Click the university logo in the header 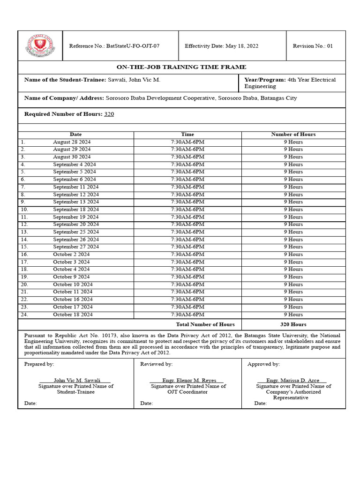pyautogui.click(x=40, y=46)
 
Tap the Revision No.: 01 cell pyautogui.click(x=313, y=46)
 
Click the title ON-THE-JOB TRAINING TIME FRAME pyautogui.click(x=181, y=67)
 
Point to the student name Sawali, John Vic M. pyautogui.click(x=134, y=80)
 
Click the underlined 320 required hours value pyautogui.click(x=109, y=114)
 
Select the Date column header pyautogui.click(x=75, y=135)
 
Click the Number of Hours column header pyautogui.click(x=293, y=135)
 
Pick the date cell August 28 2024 pyautogui.click(x=72, y=142)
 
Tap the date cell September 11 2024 pyautogui.click(x=75, y=187)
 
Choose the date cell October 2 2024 pyautogui.click(x=71, y=255)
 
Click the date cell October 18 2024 pyautogui.click(x=73, y=315)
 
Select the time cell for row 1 pyautogui.click(x=187, y=142)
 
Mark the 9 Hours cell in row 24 pyautogui.click(x=293, y=315)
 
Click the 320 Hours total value pyautogui.click(x=293, y=324)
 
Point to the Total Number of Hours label pyautogui.click(x=205, y=324)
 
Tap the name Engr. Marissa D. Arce pyautogui.click(x=293, y=381)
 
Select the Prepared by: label pyautogui.click(x=39, y=364)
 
